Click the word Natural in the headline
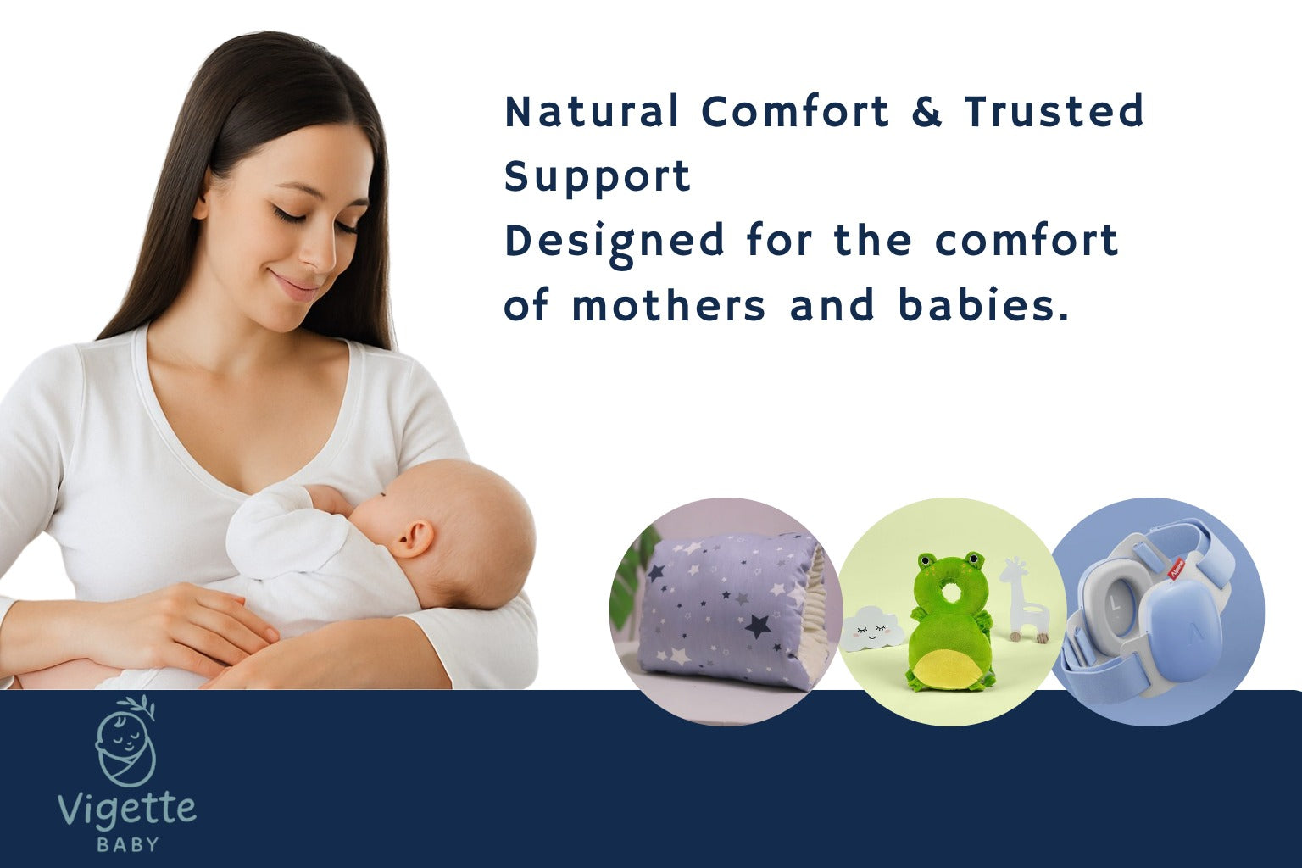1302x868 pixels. (x=592, y=111)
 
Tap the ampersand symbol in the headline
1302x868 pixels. (x=926, y=111)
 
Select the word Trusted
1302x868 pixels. (x=1054, y=111)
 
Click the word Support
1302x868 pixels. (x=598, y=177)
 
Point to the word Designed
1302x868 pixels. (x=615, y=244)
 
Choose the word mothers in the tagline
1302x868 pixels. (x=669, y=304)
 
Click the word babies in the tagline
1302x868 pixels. (x=983, y=304)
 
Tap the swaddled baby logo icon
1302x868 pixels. (x=125, y=740)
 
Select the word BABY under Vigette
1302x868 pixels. (x=127, y=844)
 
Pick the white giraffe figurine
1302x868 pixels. (x=1024, y=599)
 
